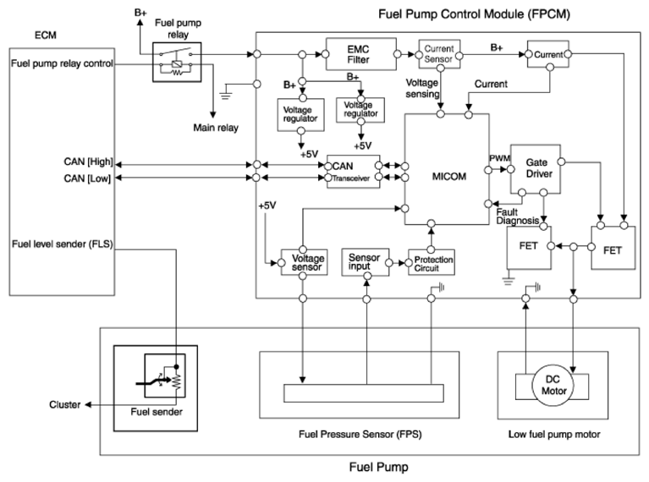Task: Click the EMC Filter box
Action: pyautogui.click(x=361, y=54)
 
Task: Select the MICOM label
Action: pyautogui.click(x=449, y=177)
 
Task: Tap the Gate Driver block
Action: pyautogui.click(x=536, y=169)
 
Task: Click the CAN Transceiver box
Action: pyautogui.click(x=353, y=172)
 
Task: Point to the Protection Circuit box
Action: pyautogui.click(x=432, y=262)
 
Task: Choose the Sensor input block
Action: pyautogui.click(x=366, y=262)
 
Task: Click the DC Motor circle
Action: pyautogui.click(x=553, y=386)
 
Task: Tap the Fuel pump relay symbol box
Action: pyautogui.click(x=177, y=62)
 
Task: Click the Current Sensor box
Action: pyautogui.click(x=439, y=54)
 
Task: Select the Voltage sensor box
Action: pyautogui.click(x=305, y=262)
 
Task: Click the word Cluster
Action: pyautogui.click(x=64, y=405)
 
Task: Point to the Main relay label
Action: pyautogui.click(x=216, y=128)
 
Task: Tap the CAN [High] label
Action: pyautogui.click(x=88, y=162)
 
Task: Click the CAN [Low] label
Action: pyautogui.click(x=87, y=178)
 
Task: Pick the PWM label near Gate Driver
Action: pyautogui.click(x=499, y=158)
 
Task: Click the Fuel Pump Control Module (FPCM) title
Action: pyautogui.click(x=475, y=14)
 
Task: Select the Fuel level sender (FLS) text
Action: pyautogui.click(x=62, y=244)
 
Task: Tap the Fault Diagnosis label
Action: pyautogui.click(x=517, y=216)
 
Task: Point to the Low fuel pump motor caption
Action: pyautogui.click(x=554, y=435)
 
